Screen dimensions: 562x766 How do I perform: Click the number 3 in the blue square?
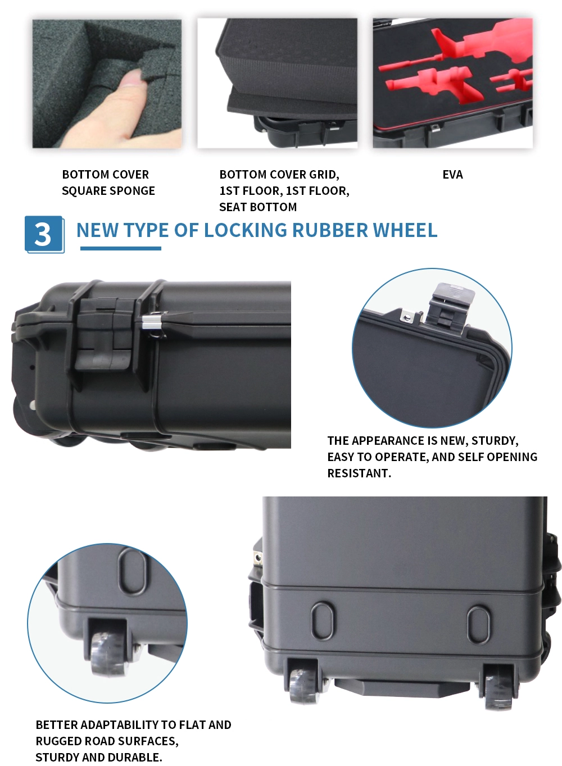(43, 234)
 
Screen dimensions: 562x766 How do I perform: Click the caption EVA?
(452, 175)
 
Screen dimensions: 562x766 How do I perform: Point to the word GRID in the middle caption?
(324, 175)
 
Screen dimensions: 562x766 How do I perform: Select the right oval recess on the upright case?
(478, 625)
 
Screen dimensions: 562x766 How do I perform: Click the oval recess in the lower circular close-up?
(133, 572)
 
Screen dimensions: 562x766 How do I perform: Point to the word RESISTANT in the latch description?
(359, 473)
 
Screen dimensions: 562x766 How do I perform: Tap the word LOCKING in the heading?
(246, 230)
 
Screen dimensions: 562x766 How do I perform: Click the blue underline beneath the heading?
(120, 249)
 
